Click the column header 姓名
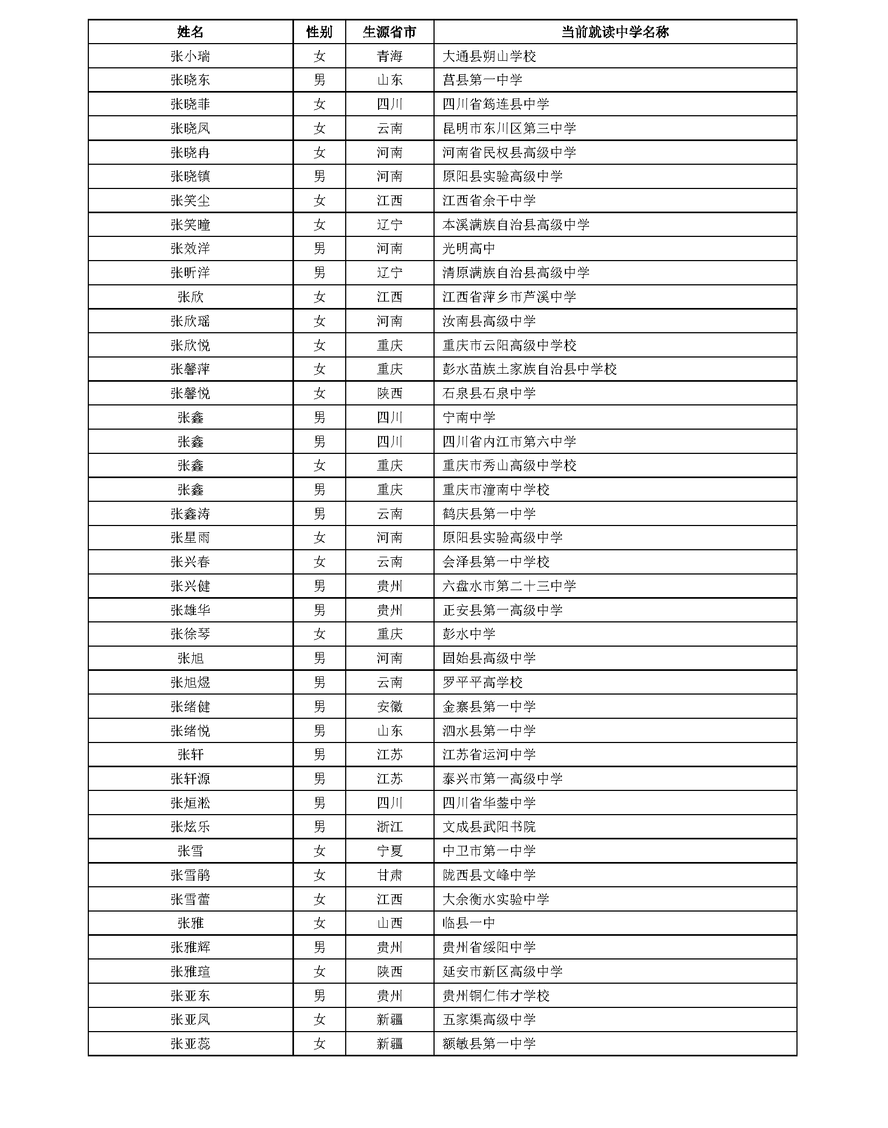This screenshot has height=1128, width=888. [x=190, y=32]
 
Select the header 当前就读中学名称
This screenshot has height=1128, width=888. [x=614, y=32]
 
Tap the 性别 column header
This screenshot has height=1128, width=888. [x=319, y=32]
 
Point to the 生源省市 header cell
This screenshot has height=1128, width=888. [x=389, y=32]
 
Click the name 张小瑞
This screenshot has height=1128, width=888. [x=190, y=56]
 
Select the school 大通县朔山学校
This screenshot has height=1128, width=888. [x=489, y=56]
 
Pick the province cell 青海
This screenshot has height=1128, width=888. [x=389, y=56]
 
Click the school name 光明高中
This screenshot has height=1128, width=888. [x=469, y=249]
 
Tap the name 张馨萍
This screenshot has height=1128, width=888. [x=190, y=369]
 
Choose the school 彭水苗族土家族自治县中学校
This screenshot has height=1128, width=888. [x=529, y=369]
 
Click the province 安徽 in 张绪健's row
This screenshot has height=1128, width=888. [x=389, y=706]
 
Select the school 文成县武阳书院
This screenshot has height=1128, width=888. [x=489, y=827]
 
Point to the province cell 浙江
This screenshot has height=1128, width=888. [x=389, y=827]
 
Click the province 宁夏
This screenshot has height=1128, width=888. [x=389, y=851]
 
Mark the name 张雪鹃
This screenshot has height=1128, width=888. [x=190, y=875]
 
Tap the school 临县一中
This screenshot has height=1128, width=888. [x=469, y=923]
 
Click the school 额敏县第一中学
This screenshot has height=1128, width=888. [x=489, y=1044]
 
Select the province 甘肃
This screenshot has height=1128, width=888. [x=389, y=875]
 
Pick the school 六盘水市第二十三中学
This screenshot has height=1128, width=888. [x=509, y=586]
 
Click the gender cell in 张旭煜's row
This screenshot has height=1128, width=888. [x=319, y=683]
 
